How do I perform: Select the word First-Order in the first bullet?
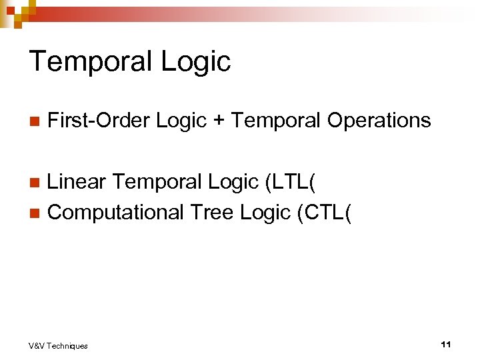[x=99, y=121]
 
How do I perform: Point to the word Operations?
[x=379, y=121]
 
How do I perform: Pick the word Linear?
[x=77, y=181]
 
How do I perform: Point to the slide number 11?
[x=446, y=344]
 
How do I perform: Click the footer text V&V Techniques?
[x=58, y=345]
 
